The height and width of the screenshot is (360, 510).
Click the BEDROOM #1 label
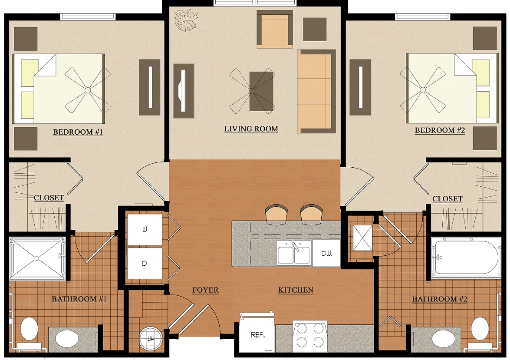click(x=78, y=132)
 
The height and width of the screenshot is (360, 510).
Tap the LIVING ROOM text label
click(x=251, y=129)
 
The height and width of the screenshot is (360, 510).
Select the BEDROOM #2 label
click(x=440, y=130)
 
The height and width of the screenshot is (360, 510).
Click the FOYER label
click(x=206, y=290)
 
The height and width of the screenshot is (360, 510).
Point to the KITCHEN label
click(x=296, y=290)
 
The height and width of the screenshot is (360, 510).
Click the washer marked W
click(x=144, y=230)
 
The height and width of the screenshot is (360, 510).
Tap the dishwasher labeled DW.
click(x=326, y=252)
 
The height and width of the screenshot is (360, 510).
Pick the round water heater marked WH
click(x=150, y=338)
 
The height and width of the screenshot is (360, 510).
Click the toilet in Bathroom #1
click(x=29, y=329)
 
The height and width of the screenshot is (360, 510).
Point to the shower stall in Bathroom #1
click(x=37, y=258)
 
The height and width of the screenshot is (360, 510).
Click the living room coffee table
click(x=262, y=91)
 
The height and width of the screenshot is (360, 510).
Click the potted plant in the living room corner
click(x=184, y=20)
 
